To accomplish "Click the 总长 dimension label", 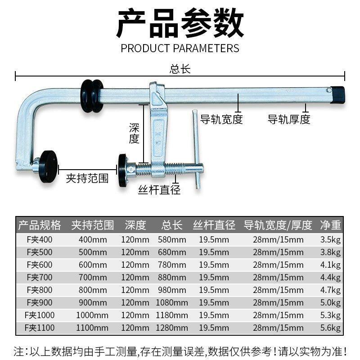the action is [x=180, y=69].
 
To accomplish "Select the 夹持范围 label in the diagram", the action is [x=87, y=178].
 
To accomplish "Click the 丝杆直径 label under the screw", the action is [x=159, y=190].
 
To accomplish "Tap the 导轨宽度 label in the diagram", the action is [x=221, y=119].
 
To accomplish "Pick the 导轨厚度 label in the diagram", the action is [x=289, y=119].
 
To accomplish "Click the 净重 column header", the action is [x=330, y=225].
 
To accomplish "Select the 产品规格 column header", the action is [x=39, y=225].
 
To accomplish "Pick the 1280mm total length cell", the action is [x=172, y=328].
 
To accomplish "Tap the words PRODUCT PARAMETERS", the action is [x=180, y=48].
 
